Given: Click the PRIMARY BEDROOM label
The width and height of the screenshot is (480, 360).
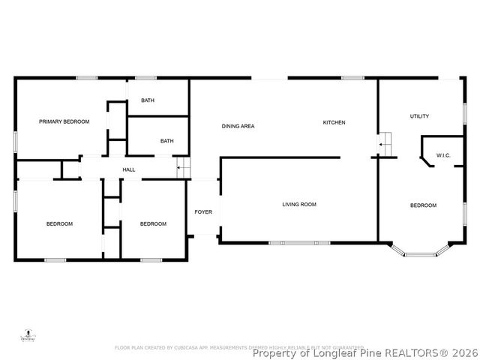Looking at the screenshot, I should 64,121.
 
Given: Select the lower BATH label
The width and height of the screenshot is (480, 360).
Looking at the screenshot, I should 166,140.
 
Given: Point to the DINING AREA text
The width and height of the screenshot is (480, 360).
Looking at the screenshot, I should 238,126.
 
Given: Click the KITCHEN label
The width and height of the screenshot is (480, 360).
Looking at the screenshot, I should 334,122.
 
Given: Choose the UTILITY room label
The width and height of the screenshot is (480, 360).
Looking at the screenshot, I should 419,116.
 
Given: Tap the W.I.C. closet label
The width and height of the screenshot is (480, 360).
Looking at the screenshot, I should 442,156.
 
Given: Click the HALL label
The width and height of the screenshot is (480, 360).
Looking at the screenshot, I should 129,170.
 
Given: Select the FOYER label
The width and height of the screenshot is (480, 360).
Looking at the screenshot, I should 203,212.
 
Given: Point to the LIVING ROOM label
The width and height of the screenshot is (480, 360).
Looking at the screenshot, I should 299,204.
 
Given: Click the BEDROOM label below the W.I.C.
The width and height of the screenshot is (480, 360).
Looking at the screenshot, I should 423,205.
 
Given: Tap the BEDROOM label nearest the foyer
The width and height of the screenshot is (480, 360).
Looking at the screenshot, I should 153,224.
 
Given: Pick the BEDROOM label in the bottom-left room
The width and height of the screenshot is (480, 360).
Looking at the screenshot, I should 59,224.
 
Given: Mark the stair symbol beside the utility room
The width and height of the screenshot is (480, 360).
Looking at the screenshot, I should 385,141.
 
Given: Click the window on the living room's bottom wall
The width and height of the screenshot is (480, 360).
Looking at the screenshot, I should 299,242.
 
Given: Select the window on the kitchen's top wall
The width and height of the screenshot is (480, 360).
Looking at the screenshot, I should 352,77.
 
